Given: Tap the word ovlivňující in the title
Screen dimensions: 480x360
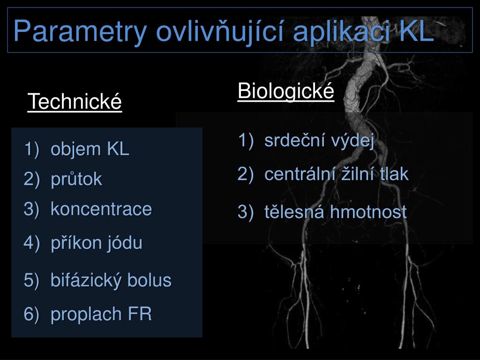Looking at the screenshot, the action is coord(219,31).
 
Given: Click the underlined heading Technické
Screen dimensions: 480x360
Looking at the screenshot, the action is coord(75,101).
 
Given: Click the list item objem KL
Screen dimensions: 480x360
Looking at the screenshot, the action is coord(90,149).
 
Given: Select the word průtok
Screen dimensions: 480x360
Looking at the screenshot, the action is coord(76,179).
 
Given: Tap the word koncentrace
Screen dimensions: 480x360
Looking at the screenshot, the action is coord(101,209).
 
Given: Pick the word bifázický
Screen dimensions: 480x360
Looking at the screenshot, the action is coord(84,280).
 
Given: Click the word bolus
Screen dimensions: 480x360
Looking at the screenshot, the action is coord(150,280).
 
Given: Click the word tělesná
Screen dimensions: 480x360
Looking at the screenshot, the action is coord(294,212).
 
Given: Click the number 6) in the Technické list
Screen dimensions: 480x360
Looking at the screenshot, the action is coord(32,314).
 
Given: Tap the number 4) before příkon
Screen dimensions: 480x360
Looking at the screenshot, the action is coord(32,243).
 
